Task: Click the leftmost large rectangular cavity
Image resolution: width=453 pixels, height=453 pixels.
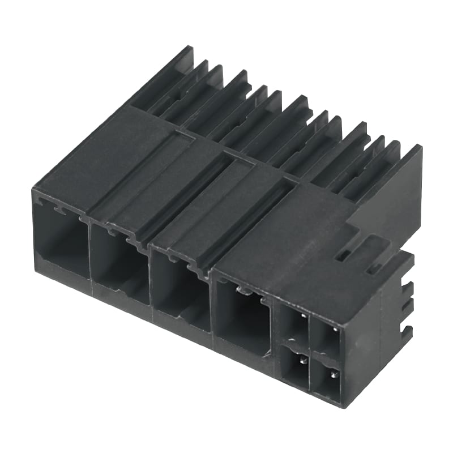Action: click(59, 241)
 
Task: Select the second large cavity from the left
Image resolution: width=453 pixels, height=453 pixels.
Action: click(120, 266)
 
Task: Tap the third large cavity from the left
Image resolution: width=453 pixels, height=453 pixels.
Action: click(181, 292)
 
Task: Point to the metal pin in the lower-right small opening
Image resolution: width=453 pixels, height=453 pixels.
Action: click(334, 373)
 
